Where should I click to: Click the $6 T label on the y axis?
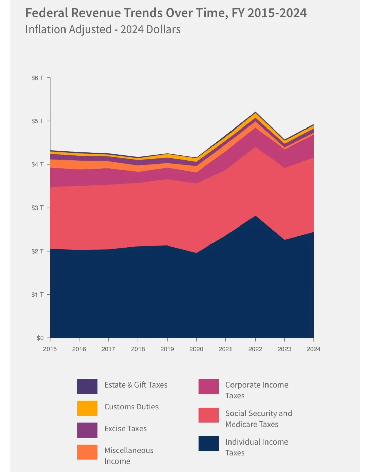click(37, 78)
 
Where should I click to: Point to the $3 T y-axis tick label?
click(37, 208)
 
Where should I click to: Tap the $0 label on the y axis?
click(40, 338)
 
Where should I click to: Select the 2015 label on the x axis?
click(50, 349)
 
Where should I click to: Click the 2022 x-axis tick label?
click(255, 349)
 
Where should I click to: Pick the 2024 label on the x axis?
click(313, 349)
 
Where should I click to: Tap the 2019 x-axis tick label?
click(167, 349)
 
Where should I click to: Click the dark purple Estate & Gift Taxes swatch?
click(87, 387)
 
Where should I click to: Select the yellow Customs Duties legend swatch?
click(87, 408)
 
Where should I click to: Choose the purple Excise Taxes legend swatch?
click(87, 430)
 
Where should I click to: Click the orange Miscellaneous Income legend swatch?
click(87, 452)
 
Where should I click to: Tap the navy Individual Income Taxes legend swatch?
click(208, 444)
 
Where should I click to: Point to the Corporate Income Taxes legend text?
click(257, 390)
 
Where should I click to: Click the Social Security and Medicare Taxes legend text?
click(259, 419)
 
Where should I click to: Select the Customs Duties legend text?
click(131, 407)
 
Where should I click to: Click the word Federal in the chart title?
click(47, 13)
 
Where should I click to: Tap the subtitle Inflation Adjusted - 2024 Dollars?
click(103, 29)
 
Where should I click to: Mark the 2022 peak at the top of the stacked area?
click(255, 112)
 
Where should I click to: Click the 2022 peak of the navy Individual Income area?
click(255, 216)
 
